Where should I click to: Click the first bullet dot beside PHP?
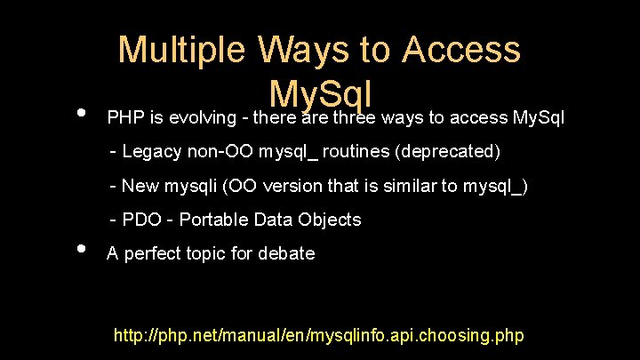click(81, 113)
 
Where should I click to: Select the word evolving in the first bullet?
click(200, 117)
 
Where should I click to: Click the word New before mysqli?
click(140, 186)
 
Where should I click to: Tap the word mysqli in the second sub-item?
click(190, 186)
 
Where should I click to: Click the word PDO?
click(141, 220)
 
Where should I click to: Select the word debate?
click(286, 253)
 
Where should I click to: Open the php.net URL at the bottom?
click(319, 336)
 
